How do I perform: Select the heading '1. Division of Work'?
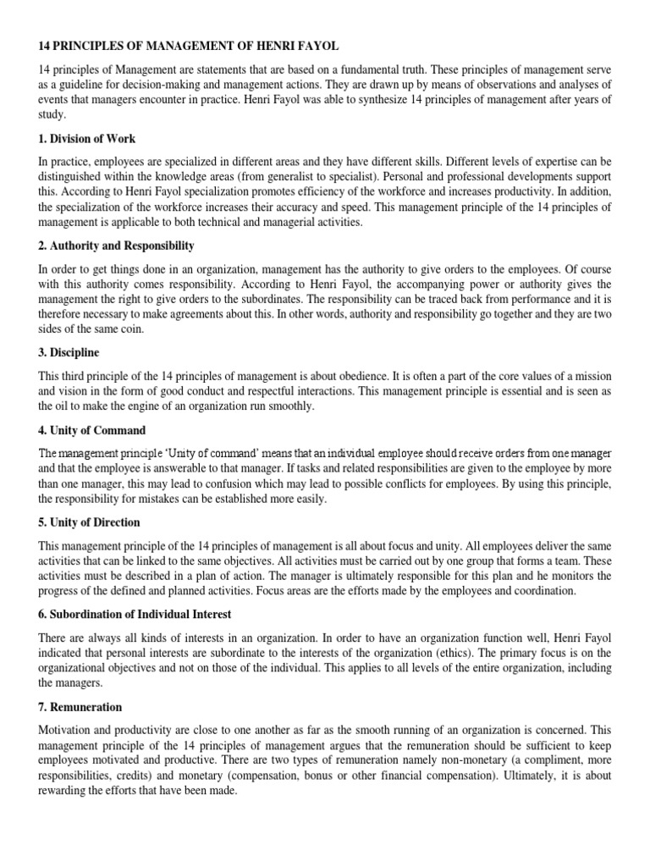tap(87, 139)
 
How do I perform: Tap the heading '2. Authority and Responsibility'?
tap(117, 246)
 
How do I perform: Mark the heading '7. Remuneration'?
tap(80, 706)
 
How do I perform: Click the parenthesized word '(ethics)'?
tap(460, 653)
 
